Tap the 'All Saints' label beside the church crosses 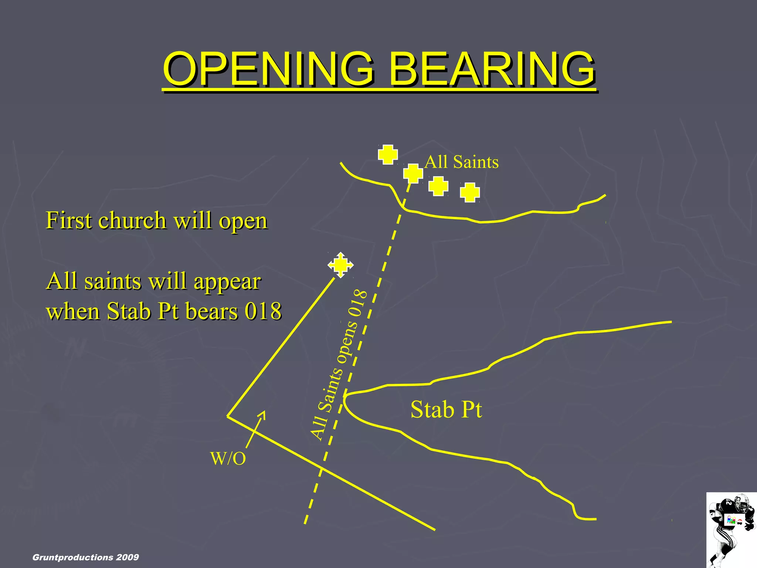(462, 162)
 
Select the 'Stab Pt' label (446, 409)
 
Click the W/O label (228, 459)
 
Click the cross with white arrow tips (340, 265)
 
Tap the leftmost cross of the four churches (388, 154)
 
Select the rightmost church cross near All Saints (470, 192)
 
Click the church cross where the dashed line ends (413, 173)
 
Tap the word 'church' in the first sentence (132, 221)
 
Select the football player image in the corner (731, 530)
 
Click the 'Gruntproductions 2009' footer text (86, 557)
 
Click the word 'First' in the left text (69, 221)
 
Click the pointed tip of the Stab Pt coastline (344, 396)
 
